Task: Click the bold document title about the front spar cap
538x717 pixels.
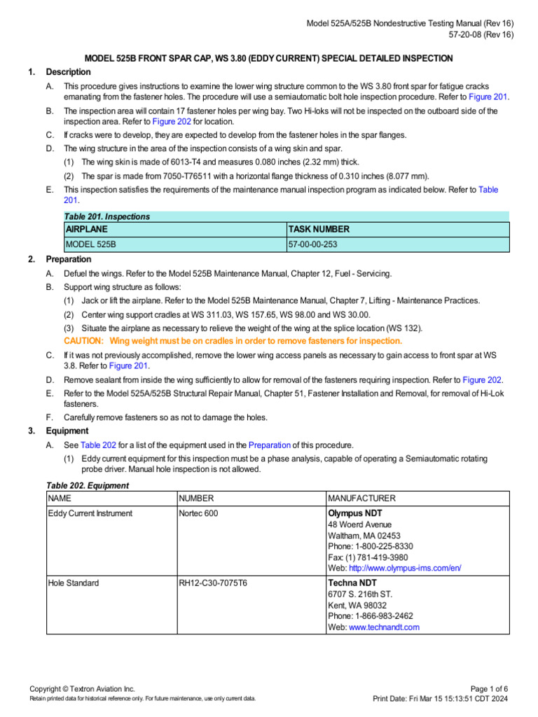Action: pyautogui.click(x=268, y=58)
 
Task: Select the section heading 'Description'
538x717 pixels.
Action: pyautogui.click(x=68, y=72)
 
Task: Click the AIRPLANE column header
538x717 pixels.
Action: pyautogui.click(x=87, y=230)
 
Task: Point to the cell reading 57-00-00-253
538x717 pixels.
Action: pyautogui.click(x=317, y=244)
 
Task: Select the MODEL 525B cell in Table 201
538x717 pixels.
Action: pyautogui.click(x=91, y=244)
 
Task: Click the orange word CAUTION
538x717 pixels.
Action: pyautogui.click(x=83, y=341)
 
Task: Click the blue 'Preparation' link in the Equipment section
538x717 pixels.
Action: pyautogui.click(x=270, y=445)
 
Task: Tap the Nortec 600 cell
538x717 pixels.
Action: pyautogui.click(x=199, y=513)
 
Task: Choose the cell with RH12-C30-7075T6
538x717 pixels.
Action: pyautogui.click(x=213, y=583)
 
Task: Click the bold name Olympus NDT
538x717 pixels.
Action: pyautogui.click(x=354, y=513)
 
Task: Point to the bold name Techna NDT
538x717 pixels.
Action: pyautogui.click(x=352, y=583)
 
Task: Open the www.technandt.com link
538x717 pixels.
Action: pyautogui.click(x=384, y=627)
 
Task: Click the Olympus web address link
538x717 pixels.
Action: pyautogui.click(x=404, y=568)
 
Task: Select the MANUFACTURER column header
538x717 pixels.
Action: pyautogui.click(x=361, y=499)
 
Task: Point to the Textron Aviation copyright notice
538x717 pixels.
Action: pyautogui.click(x=82, y=689)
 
